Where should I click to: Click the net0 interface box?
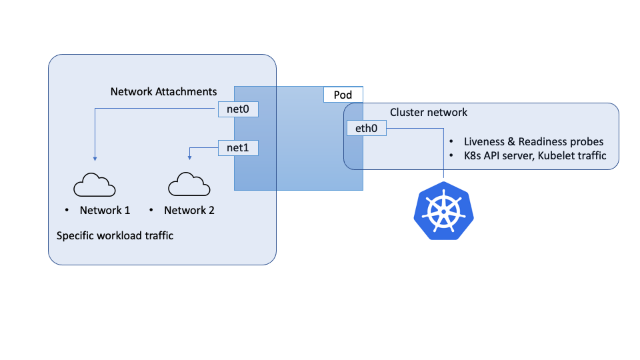click(238, 109)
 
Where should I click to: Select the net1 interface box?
click(238, 147)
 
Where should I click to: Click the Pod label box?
click(343, 95)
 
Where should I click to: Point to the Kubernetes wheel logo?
click(443, 210)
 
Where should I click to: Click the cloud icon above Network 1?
click(95, 184)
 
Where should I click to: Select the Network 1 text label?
click(105, 210)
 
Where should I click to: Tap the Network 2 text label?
click(189, 210)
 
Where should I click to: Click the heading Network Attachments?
click(163, 91)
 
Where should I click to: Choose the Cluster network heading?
click(429, 112)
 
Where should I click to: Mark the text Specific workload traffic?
click(115, 235)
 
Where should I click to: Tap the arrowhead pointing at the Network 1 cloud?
click(95, 159)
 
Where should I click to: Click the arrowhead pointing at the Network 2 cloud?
click(190, 158)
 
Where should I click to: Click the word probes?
click(589, 141)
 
